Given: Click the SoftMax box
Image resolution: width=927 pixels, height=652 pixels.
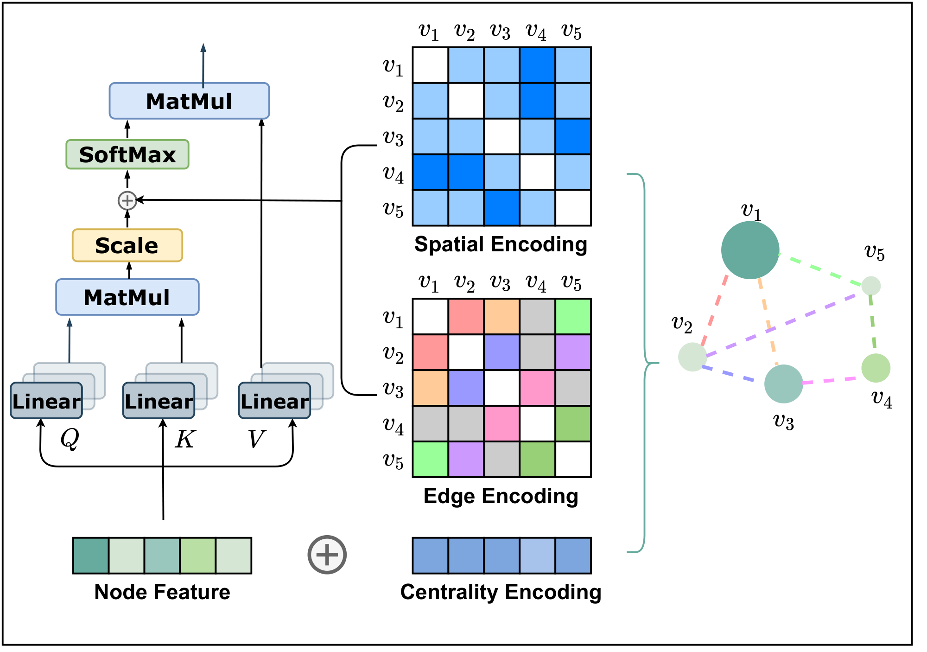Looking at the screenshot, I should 127,154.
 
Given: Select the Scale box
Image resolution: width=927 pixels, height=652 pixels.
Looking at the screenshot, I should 127,245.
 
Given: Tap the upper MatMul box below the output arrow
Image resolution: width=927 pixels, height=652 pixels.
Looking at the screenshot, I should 189,101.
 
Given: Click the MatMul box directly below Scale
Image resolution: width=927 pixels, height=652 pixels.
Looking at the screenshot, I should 127,297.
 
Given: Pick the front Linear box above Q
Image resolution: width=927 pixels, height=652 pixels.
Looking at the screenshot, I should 46,401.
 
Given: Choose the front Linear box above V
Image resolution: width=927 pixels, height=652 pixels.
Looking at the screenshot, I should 274,401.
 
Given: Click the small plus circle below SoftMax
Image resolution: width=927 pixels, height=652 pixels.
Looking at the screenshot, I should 127,200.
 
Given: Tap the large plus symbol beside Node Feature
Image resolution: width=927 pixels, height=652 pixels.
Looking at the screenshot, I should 327,555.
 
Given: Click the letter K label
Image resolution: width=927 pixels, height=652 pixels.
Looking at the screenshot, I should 185,439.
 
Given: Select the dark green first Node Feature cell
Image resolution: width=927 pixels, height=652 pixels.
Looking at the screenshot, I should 91,556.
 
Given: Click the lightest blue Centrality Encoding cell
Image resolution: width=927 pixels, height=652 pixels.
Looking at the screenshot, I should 537,556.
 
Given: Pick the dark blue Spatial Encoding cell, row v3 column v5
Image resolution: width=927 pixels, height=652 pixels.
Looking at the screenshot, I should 573,136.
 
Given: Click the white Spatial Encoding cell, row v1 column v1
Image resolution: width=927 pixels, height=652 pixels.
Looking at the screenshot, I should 430,65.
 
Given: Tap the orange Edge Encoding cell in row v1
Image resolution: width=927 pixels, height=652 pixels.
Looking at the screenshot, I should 502,317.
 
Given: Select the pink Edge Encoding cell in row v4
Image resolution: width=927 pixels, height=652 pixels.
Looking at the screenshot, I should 502,423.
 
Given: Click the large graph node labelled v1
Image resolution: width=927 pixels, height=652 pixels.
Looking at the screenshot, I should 750,250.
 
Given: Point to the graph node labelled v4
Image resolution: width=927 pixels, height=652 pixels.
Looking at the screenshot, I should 876,368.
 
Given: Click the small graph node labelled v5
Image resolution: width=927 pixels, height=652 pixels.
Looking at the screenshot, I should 871,286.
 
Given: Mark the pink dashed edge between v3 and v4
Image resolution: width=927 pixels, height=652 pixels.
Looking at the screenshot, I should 832,381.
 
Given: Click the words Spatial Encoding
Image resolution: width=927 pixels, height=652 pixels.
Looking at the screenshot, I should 501,244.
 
